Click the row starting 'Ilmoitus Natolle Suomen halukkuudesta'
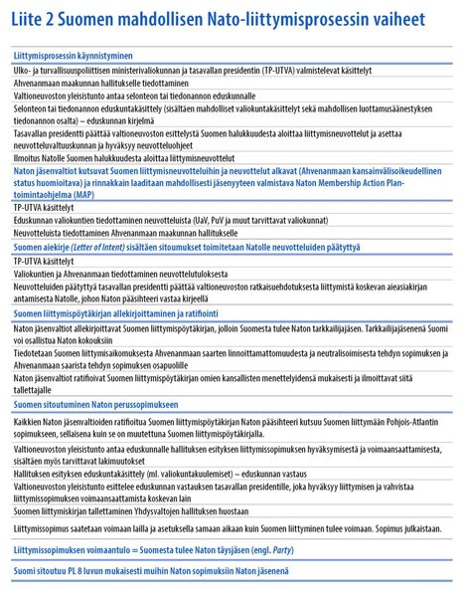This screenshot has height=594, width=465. (123, 157)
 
